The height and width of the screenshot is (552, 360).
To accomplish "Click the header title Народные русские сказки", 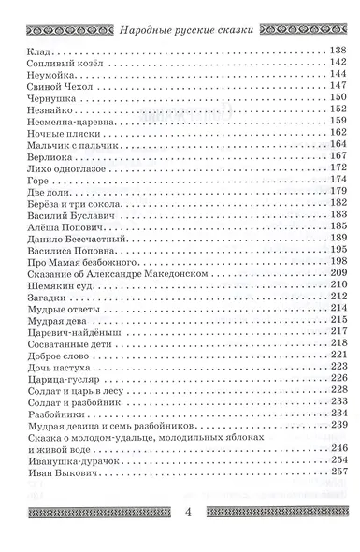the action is pyautogui.click(x=187, y=11).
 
